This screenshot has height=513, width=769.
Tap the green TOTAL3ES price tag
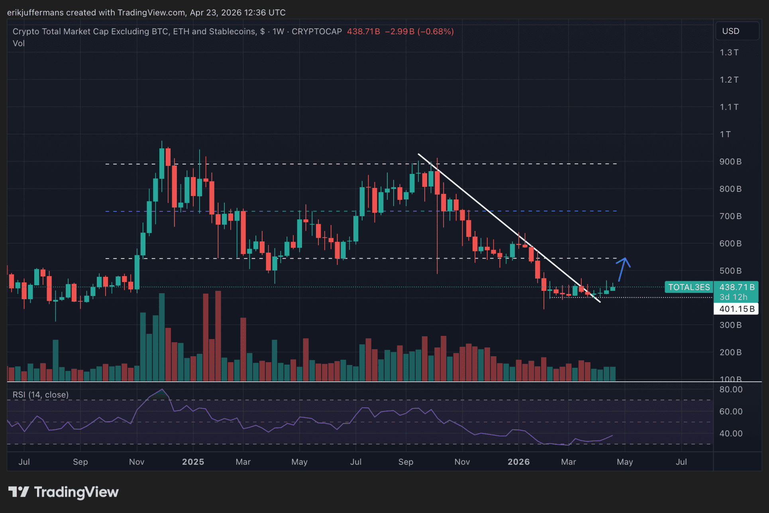pos(689,287)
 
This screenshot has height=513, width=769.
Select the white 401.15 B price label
pos(736,309)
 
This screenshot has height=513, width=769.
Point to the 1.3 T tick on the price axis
pos(729,53)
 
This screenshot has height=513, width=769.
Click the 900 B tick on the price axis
pos(730,162)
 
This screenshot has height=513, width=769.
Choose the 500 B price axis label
pos(730,271)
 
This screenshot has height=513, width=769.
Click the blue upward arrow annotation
pos(623,269)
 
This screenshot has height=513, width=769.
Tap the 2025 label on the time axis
pos(193,462)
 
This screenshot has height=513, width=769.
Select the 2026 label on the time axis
pos(518,462)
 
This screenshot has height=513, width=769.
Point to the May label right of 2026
pos(624,462)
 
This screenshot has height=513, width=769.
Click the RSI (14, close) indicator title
pos(41,395)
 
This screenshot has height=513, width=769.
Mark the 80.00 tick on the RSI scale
pos(731,389)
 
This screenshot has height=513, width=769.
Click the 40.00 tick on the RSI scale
pos(731,433)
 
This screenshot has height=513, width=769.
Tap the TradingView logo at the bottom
pos(64,492)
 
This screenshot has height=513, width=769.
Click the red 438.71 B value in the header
pos(363,32)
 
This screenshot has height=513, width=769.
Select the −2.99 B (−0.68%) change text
pos(419,32)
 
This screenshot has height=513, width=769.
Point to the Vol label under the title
pos(19,43)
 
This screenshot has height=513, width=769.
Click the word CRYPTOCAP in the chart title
pos(317,32)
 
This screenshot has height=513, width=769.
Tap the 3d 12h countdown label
pos(733,297)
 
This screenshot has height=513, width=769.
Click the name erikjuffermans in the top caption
pos(35,13)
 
